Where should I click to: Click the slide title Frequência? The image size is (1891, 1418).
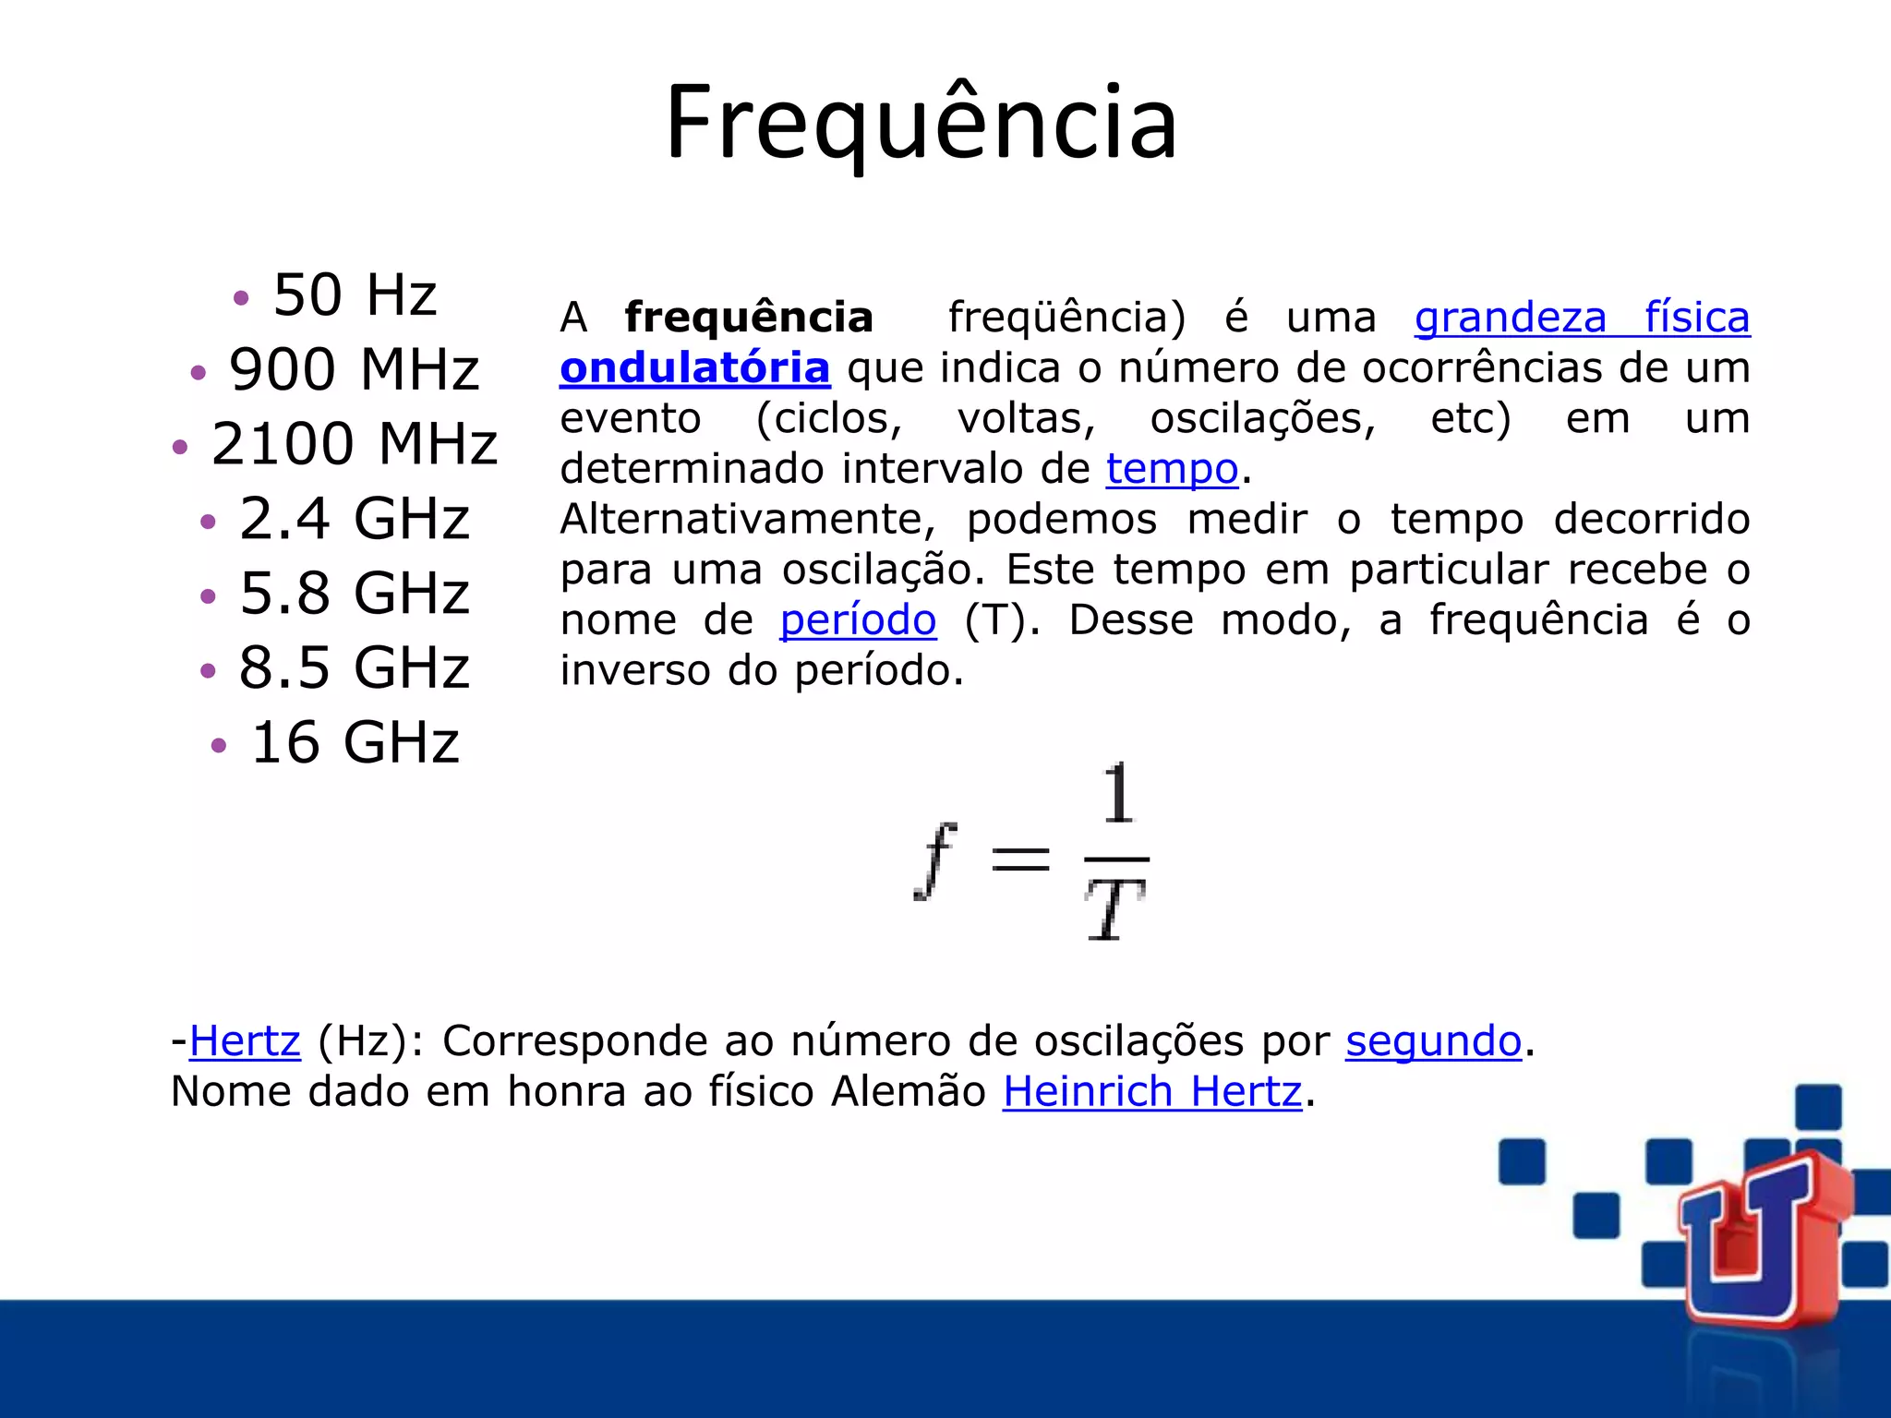[921, 123]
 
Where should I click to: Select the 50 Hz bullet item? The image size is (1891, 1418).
[355, 295]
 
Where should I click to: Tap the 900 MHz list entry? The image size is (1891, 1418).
[354, 370]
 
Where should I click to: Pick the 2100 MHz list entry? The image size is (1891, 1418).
[354, 444]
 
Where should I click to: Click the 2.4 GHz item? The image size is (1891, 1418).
[354, 519]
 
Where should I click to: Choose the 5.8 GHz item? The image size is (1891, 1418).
[354, 594]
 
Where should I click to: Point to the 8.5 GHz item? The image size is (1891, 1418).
[354, 668]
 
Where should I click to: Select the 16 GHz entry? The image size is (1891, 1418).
[355, 743]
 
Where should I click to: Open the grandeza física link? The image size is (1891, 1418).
[1582, 318]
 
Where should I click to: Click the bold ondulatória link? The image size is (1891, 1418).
[694, 368]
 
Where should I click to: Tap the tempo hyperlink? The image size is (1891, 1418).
[1171, 469]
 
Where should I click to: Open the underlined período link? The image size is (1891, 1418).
[858, 620]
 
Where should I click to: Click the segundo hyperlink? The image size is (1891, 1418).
[1433, 1042]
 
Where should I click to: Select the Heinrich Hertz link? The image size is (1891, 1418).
[1151, 1092]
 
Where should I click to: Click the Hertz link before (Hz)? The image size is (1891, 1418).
[245, 1042]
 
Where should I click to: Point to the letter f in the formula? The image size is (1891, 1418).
[935, 859]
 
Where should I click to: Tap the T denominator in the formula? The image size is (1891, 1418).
[1114, 909]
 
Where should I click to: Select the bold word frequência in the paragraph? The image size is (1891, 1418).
[748, 318]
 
